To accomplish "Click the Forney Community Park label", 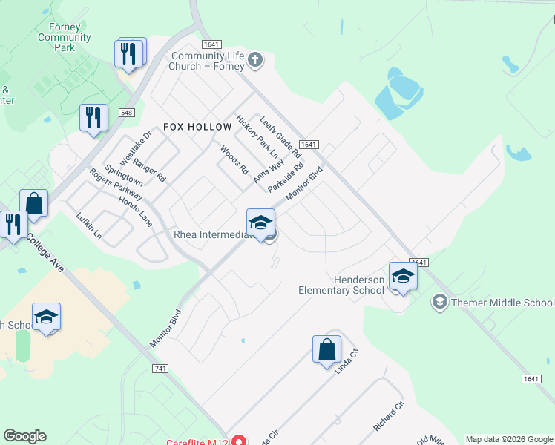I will click(65, 37).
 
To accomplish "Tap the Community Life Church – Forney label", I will click(207, 61).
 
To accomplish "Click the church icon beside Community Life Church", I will click(255, 60).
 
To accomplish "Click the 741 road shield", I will click(160, 369).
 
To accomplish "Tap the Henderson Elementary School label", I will click(341, 285).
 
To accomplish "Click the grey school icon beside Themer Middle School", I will click(439, 302).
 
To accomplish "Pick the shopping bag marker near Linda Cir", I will click(326, 349).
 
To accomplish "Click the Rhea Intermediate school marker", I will click(260, 222).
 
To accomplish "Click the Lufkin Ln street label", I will click(88, 225).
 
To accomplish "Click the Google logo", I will click(24, 436).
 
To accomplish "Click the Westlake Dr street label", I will click(136, 148).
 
